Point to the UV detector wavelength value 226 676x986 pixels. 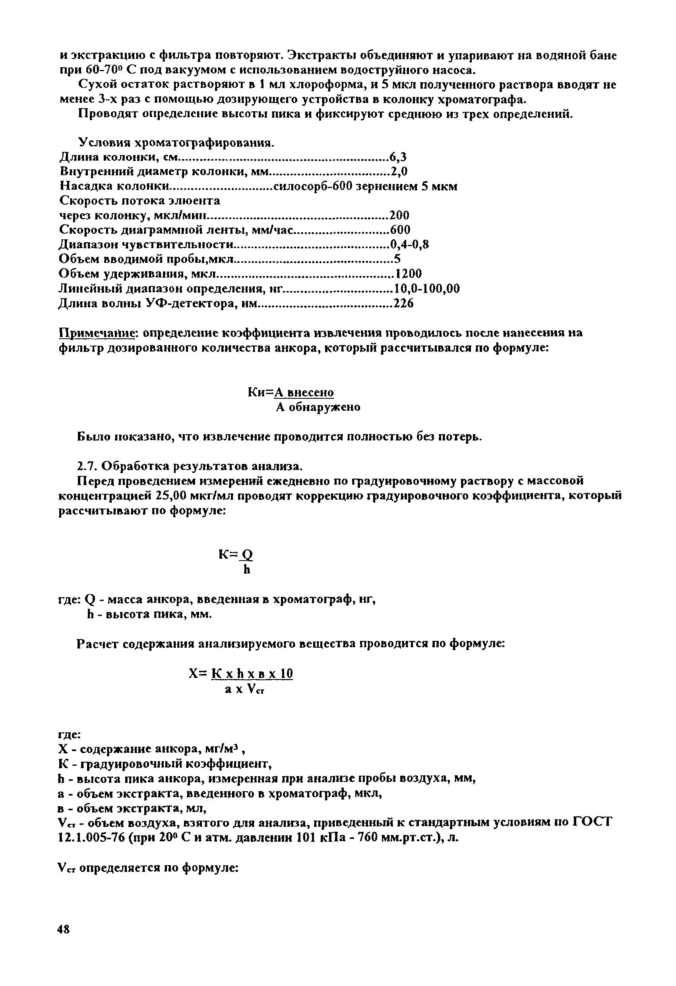pos(403,303)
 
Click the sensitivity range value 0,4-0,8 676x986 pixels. pos(409,245)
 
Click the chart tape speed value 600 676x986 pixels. pos(400,229)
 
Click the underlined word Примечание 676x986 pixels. pos(96,333)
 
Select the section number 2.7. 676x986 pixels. pos(87,466)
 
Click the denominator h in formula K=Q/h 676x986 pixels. pos(247,570)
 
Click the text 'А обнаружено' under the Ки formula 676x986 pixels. pos(318,407)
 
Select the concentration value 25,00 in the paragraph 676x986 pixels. pos(171,495)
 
